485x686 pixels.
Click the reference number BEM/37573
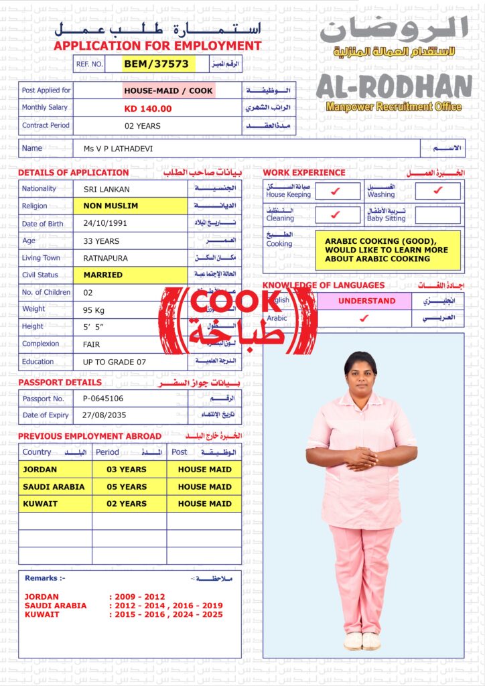click(x=156, y=64)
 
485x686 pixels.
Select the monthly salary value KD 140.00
click(x=148, y=109)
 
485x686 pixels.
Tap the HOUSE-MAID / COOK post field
click(x=168, y=90)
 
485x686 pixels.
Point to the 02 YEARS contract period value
click(x=143, y=126)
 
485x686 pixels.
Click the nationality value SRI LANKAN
click(x=107, y=190)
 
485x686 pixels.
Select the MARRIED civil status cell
click(x=103, y=275)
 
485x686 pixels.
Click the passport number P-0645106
click(x=103, y=399)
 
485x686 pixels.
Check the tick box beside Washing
click(x=437, y=191)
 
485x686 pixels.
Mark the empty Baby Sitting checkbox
click(x=437, y=215)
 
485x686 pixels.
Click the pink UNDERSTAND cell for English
click(x=366, y=301)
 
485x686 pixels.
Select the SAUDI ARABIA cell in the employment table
click(x=54, y=487)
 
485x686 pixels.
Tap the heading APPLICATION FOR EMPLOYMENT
click(x=157, y=46)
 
